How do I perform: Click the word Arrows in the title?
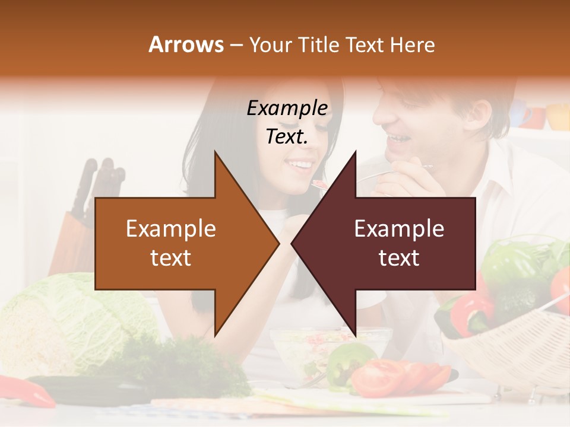186,44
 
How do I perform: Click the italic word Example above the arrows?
287,109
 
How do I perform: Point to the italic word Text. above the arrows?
287,137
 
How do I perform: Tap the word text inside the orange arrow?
170,258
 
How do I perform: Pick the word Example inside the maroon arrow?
399,229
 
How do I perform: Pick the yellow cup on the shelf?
558,116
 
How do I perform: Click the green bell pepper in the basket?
511,267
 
